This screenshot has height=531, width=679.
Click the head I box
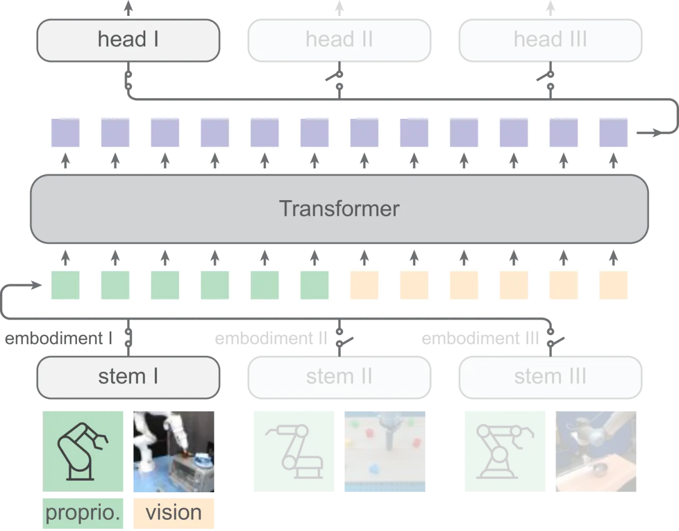[128, 40]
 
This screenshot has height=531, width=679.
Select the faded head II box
[339, 40]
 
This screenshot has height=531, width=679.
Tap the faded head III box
[550, 40]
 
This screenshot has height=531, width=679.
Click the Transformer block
[339, 209]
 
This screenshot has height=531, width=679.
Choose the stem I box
[128, 377]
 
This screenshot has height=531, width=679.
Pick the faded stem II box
[339, 377]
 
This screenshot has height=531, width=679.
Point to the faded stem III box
[550, 377]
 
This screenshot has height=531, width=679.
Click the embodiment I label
[59, 338]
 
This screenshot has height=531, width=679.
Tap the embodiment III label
[480, 338]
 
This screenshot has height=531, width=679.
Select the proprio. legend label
[83, 513]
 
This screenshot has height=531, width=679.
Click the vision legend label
[174, 513]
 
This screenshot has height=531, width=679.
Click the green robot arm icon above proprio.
[83, 451]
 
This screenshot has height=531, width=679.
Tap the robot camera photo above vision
[174, 451]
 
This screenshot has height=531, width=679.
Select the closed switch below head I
[128, 81]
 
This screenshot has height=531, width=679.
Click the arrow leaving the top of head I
[128, 8]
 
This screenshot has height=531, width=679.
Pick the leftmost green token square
[65, 285]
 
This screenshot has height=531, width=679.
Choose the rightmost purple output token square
[613, 133]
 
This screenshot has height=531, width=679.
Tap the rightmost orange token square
[613, 285]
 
